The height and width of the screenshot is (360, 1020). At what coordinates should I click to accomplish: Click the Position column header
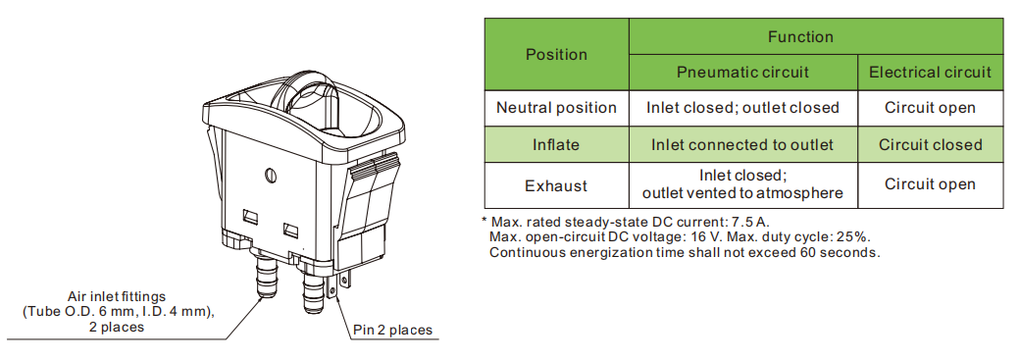point(556,55)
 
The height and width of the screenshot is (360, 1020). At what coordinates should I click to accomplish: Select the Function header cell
point(800,36)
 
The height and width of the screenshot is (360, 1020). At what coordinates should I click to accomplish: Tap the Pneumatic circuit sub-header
point(742,73)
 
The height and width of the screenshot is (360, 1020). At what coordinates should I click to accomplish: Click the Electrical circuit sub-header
point(930,73)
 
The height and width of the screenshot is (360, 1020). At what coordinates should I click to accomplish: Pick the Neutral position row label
point(556,108)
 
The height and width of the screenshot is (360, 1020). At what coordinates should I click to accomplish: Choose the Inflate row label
point(556,144)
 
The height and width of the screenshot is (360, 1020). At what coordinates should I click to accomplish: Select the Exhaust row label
point(556,185)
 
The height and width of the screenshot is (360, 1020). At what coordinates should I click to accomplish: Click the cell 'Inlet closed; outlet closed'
point(742,108)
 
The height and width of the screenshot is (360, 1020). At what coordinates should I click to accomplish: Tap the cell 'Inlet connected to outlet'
point(742,144)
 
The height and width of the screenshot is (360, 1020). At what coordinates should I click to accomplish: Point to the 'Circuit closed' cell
point(930,144)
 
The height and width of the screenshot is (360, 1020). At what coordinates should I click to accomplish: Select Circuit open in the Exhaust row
point(930,185)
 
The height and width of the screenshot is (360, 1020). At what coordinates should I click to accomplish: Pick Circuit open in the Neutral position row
point(930,108)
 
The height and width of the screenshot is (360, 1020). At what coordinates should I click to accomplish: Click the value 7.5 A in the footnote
point(750,222)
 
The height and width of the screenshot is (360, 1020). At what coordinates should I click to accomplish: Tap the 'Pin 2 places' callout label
point(393,330)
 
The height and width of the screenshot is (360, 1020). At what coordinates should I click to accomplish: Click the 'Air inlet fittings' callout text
point(117,297)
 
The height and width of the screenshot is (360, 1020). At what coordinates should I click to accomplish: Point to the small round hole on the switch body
point(272,176)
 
